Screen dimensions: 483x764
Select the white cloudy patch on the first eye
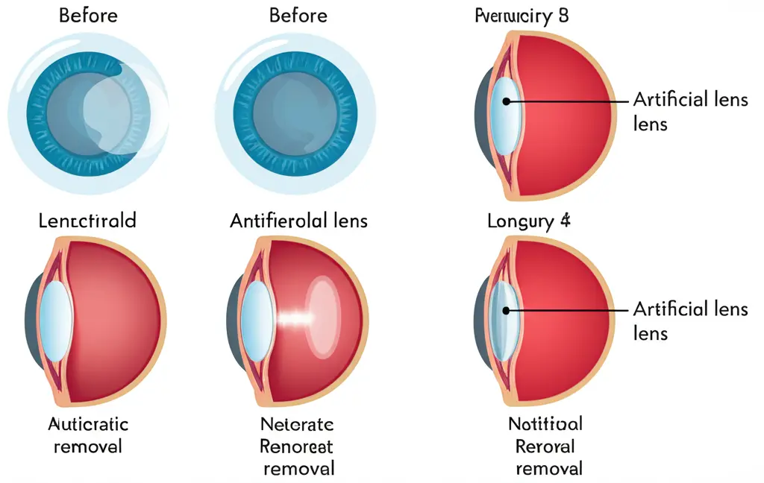pyautogui.click(x=119, y=112)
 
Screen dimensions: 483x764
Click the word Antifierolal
pyautogui.click(x=278, y=221)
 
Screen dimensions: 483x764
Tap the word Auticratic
pyautogui.click(x=88, y=424)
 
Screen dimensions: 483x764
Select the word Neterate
pyautogui.click(x=297, y=424)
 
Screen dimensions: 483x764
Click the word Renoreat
pyautogui.click(x=297, y=446)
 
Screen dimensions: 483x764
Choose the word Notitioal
pyautogui.click(x=545, y=424)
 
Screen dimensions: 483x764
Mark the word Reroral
pyautogui.click(x=545, y=446)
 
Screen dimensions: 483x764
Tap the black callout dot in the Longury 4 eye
pyautogui.click(x=505, y=309)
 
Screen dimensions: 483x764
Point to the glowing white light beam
pyautogui.click(x=294, y=319)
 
